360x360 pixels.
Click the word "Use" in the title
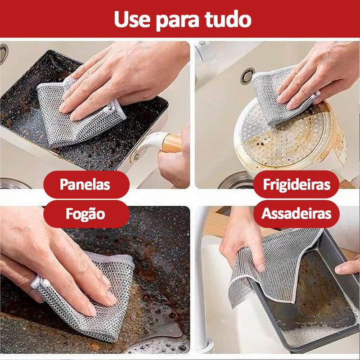(132, 19)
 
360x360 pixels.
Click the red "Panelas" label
(86, 184)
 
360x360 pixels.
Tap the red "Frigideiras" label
(296, 184)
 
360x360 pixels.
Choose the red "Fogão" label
(86, 214)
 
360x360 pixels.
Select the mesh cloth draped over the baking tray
(275, 266)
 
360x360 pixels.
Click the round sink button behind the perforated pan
(247, 76)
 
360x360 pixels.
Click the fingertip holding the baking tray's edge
(346, 267)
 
